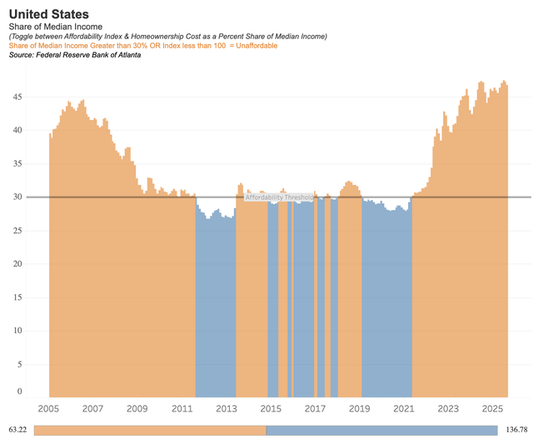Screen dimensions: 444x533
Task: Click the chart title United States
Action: pyautogui.click(x=48, y=14)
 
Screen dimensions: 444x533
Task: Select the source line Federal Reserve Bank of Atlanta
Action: pyautogui.click(x=74, y=55)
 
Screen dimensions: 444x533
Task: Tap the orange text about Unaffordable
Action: pyautogui.click(x=142, y=46)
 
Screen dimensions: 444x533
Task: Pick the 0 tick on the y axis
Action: pyautogui.click(x=19, y=391)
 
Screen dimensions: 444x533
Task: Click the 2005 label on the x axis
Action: pyautogui.click(x=48, y=409)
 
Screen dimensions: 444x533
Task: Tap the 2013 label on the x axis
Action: pyautogui.click(x=227, y=409)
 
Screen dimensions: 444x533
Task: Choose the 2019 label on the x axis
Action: pyautogui.click(x=360, y=409)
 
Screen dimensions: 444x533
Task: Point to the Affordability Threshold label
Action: pyautogui.click(x=279, y=197)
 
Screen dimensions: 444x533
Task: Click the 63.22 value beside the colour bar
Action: pyautogui.click(x=17, y=430)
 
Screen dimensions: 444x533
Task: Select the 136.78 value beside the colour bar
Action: pyautogui.click(x=516, y=430)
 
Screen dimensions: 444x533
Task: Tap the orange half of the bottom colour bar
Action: pyautogui.click(x=150, y=430)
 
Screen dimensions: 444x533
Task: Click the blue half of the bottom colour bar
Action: pyautogui.click(x=381, y=430)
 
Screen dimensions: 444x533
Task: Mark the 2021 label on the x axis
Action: pyautogui.click(x=404, y=409)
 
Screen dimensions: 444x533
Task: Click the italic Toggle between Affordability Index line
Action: pyautogui.click(x=167, y=37)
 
